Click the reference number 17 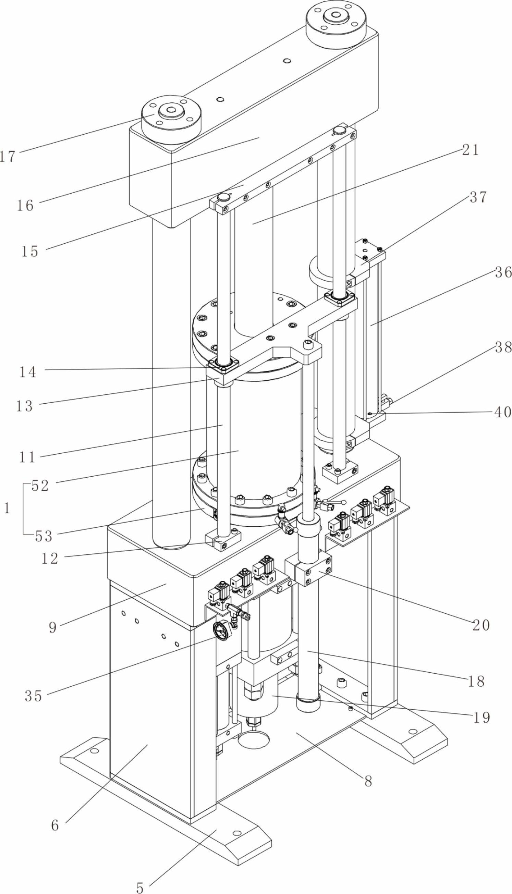(8, 156)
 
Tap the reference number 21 (471, 150)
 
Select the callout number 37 (478, 198)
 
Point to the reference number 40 (502, 412)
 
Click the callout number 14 (27, 371)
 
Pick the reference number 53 (44, 537)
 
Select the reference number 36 (503, 272)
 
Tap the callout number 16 (25, 206)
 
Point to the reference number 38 (503, 347)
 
